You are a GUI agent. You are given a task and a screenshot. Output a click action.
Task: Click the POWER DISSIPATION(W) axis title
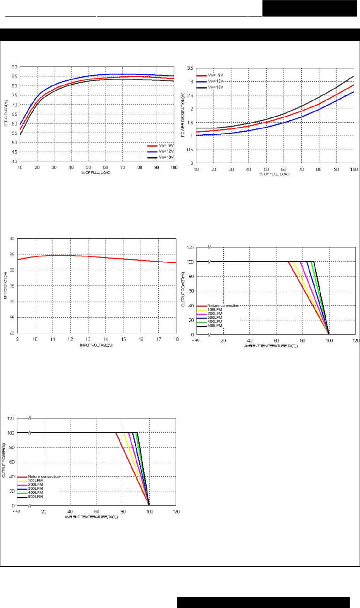(183, 115)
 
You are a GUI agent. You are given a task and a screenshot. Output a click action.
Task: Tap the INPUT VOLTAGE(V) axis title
(96, 345)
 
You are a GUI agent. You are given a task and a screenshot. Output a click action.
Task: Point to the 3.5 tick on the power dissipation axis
(190, 68)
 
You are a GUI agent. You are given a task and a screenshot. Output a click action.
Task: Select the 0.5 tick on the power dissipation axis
(190, 150)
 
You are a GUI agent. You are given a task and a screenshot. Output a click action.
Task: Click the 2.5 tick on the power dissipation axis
(190, 95)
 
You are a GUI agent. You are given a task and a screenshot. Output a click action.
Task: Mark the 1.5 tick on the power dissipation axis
(190, 123)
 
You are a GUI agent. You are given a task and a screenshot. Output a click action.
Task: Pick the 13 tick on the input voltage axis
(88, 340)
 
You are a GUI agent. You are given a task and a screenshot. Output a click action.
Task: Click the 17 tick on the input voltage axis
(159, 340)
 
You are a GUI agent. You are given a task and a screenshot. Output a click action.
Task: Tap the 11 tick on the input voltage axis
(52, 340)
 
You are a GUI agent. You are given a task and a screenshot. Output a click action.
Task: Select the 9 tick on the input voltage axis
(17, 340)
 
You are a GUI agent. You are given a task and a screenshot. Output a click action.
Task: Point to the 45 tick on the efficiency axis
(14, 152)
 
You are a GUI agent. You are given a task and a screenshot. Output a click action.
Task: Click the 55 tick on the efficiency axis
(14, 133)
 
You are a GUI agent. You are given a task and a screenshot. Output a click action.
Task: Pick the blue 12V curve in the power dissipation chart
(302, 117)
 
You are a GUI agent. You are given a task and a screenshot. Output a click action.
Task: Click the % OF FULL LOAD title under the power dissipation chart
(274, 174)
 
